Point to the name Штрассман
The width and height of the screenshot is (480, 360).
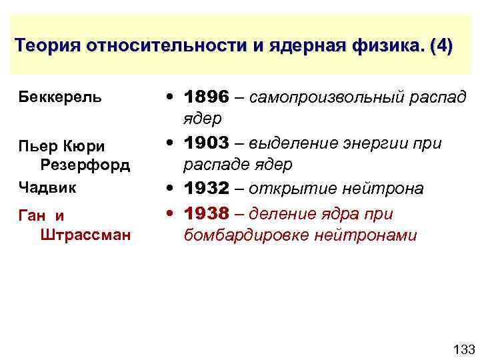click(84, 235)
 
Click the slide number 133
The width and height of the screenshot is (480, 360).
click(463, 349)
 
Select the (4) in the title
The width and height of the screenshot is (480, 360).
click(441, 47)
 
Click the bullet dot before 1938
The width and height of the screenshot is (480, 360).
click(172, 213)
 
